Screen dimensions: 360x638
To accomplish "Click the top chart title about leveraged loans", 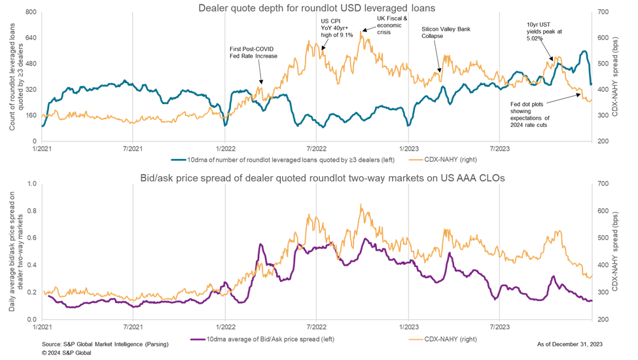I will coord(317,8).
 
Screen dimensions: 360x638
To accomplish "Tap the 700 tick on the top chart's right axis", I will coord(603,12).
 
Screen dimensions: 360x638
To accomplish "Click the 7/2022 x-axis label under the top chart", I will coord(316,147).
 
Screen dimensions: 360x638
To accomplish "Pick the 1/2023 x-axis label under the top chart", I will coord(408,147).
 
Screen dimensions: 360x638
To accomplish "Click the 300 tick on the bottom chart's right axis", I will coord(603,292).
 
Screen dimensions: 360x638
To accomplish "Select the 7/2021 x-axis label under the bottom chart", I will coord(133,325).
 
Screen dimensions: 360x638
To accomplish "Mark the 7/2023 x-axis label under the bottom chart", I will coord(499,325).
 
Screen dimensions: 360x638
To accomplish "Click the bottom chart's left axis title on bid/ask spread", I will coord(16,251).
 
